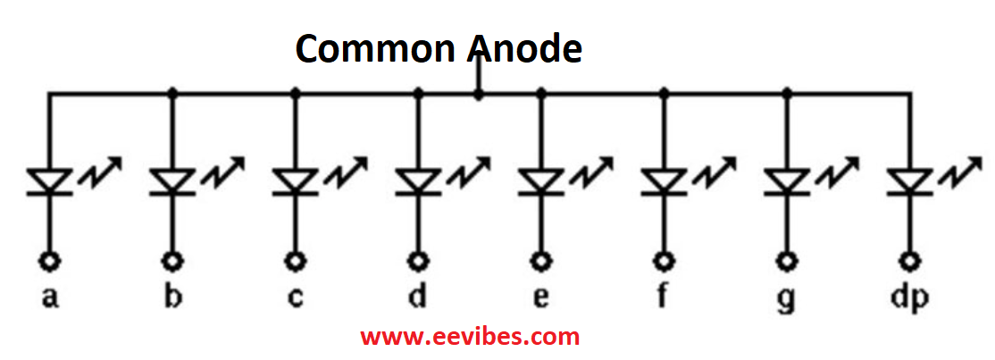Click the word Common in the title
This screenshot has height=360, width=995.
tap(378, 48)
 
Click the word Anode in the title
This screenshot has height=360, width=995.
tap(526, 48)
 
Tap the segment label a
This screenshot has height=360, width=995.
tap(49, 297)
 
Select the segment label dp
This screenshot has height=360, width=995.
tap(911, 297)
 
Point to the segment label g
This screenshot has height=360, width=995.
tap(787, 299)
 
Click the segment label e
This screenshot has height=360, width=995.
tap(540, 297)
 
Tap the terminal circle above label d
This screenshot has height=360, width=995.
tap(417, 261)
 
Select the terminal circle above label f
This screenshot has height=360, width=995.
tap(665, 261)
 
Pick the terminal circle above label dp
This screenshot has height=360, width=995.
tap(911, 261)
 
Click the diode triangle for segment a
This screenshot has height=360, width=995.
tap(49, 180)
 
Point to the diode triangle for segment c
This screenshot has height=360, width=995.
tap(295, 180)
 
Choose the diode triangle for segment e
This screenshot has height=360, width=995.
tap(540, 180)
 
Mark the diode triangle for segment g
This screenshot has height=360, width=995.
tap(787, 180)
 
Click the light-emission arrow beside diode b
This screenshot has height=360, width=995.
tap(222, 171)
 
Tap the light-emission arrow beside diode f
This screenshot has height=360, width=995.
tap(715, 171)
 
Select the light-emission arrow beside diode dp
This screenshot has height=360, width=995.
tap(962, 171)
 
